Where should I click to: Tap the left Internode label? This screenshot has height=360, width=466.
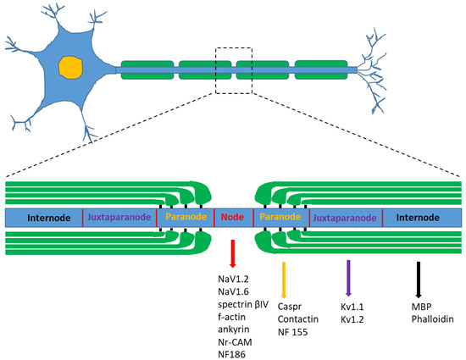pos(44,217)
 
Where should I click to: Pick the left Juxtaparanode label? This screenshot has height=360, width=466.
pos(119,217)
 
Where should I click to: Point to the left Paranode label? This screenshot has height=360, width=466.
pos(185,217)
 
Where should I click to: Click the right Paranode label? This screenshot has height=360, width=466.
pos(280,217)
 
